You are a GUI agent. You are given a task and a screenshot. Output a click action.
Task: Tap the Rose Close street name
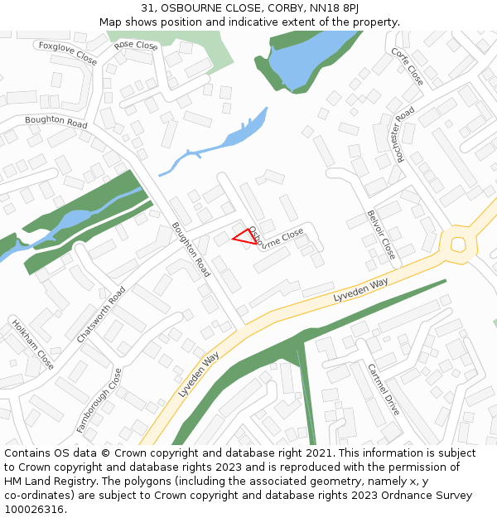(136, 46)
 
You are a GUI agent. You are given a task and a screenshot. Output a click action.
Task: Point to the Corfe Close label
(408, 66)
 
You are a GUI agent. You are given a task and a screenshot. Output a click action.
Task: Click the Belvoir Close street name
(382, 235)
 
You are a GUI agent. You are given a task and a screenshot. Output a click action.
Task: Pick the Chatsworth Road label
(101, 315)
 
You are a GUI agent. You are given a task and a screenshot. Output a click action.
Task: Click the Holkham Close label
(33, 343)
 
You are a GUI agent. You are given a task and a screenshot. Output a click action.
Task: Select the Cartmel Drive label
(384, 389)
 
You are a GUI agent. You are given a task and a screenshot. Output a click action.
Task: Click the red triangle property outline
(244, 237)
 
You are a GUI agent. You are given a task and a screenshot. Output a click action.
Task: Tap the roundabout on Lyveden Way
(457, 244)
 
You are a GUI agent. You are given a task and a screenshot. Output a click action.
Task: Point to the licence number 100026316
(36, 509)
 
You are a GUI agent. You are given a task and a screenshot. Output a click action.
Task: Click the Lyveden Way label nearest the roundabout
(361, 290)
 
